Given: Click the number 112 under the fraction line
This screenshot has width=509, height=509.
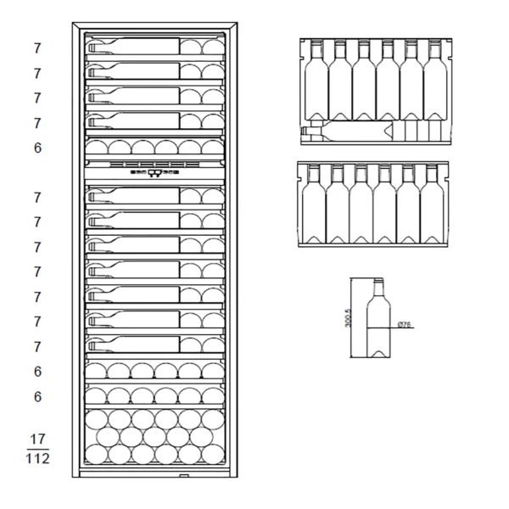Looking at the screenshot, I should point(37,459).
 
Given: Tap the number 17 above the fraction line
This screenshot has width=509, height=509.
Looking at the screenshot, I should point(37,439).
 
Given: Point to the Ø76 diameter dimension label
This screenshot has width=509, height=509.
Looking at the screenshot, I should point(406,324).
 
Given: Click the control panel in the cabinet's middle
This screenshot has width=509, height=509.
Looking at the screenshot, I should point(154,171).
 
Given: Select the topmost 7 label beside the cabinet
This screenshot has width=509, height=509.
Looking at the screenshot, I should point(37,48).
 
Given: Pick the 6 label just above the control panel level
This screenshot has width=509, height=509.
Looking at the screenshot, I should point(37,148).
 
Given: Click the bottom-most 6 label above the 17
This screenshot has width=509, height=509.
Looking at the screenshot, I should point(37,396).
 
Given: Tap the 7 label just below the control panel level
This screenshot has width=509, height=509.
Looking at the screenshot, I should point(37,198).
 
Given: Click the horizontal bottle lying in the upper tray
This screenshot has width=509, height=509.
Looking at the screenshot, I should point(348,131).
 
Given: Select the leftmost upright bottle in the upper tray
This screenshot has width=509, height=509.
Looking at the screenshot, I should point(316,81).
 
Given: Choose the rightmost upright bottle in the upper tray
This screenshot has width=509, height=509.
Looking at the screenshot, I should point(434,81).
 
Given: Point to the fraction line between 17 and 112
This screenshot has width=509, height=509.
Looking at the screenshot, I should point(37,449).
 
